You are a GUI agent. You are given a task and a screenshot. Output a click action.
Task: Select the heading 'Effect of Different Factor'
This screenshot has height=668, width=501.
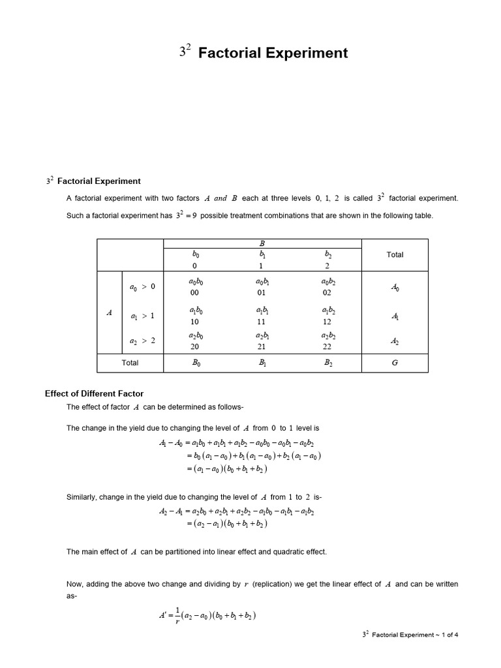94,393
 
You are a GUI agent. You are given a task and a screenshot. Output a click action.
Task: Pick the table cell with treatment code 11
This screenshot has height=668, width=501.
262,322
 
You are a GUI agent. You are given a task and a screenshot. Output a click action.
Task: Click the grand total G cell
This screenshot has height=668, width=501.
395,363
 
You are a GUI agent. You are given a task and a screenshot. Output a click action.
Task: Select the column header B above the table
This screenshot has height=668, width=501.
262,243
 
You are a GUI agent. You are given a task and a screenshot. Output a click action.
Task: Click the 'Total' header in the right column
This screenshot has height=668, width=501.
395,254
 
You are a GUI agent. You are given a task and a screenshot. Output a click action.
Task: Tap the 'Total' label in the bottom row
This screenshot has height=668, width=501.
130,363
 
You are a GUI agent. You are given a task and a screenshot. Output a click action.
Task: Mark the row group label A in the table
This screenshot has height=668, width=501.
109,313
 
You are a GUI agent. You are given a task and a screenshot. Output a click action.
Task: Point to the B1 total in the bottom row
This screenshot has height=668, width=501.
262,363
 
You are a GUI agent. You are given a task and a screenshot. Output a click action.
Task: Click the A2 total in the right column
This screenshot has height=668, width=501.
395,341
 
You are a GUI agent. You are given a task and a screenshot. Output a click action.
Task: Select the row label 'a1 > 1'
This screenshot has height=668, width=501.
142,316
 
